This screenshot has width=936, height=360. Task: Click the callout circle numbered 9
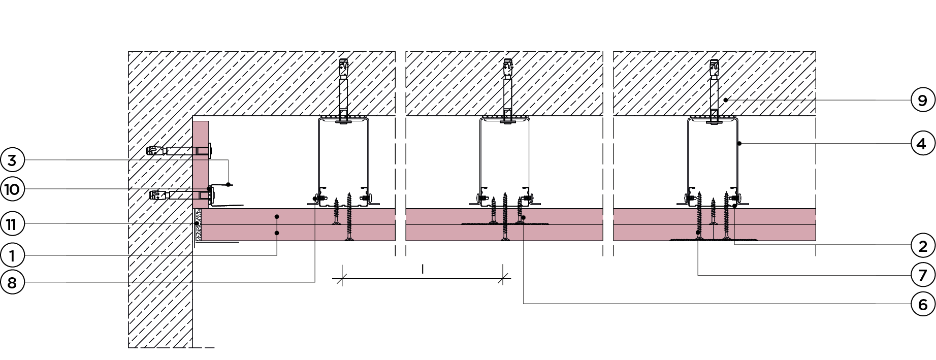point(922,101)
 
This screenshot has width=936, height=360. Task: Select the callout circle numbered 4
point(922,144)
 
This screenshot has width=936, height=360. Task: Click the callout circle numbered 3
point(13,160)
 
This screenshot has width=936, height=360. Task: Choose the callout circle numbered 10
point(13,189)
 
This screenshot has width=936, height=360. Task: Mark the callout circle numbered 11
point(13,223)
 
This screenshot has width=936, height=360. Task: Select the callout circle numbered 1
point(13,255)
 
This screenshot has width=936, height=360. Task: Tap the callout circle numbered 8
point(13,282)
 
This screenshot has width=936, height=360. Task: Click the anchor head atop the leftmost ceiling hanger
point(344,66)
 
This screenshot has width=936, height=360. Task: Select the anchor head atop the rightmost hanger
point(714,66)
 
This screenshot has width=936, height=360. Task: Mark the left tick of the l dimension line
point(342,278)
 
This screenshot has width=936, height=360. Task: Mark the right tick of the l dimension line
point(504,278)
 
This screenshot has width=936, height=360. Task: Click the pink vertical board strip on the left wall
point(201,152)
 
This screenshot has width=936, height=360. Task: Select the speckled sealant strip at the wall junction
point(198,224)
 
